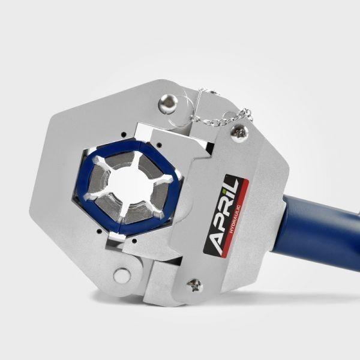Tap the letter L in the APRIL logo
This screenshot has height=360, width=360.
click(232, 184)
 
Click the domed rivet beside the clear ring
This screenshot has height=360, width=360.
click(169, 101)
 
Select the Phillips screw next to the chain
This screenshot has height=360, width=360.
click(239, 133)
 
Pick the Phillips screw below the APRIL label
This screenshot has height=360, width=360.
click(194, 285)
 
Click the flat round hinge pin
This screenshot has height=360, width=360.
click(122, 275)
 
